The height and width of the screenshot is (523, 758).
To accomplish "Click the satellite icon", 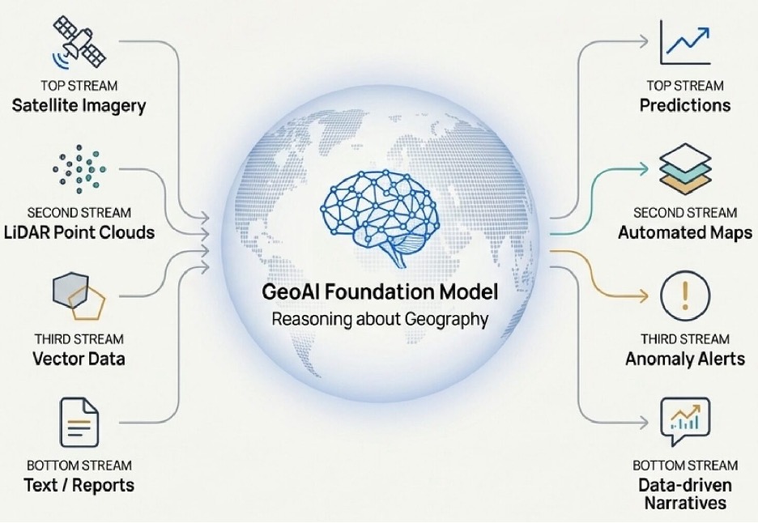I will pyautogui.click(x=79, y=40).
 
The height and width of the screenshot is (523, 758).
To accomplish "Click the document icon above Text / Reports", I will pyautogui.click(x=79, y=422).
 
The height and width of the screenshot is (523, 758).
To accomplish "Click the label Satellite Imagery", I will pyautogui.click(x=79, y=105).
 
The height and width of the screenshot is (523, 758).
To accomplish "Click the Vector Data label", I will pyautogui.click(x=79, y=358).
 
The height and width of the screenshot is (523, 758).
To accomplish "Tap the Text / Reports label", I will pyautogui.click(x=79, y=485).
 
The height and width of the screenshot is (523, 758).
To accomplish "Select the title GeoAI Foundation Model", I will pyautogui.click(x=380, y=291).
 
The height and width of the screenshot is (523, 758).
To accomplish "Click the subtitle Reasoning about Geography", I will pyautogui.click(x=380, y=319).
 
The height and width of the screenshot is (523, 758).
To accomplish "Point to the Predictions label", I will pyautogui.click(x=684, y=105).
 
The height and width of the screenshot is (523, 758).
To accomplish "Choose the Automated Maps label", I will pyautogui.click(x=684, y=233).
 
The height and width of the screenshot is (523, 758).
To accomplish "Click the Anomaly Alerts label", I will pyautogui.click(x=684, y=359).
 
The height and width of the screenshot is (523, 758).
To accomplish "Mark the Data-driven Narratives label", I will pyautogui.click(x=684, y=493).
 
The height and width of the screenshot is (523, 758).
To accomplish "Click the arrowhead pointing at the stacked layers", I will pyautogui.click(x=645, y=168).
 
